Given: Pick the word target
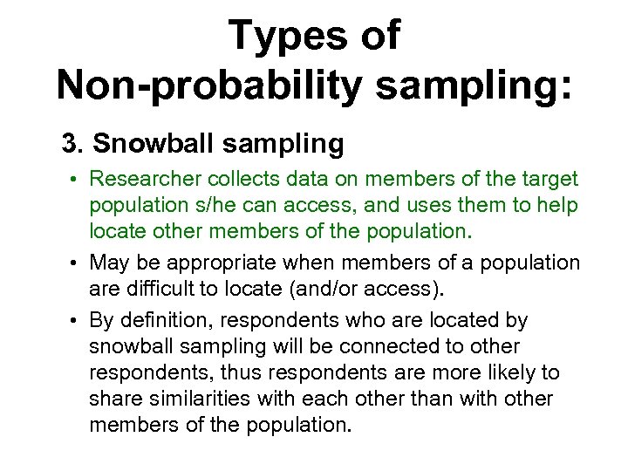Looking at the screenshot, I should tap(549, 180).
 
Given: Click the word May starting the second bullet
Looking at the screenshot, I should tap(108, 262).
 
